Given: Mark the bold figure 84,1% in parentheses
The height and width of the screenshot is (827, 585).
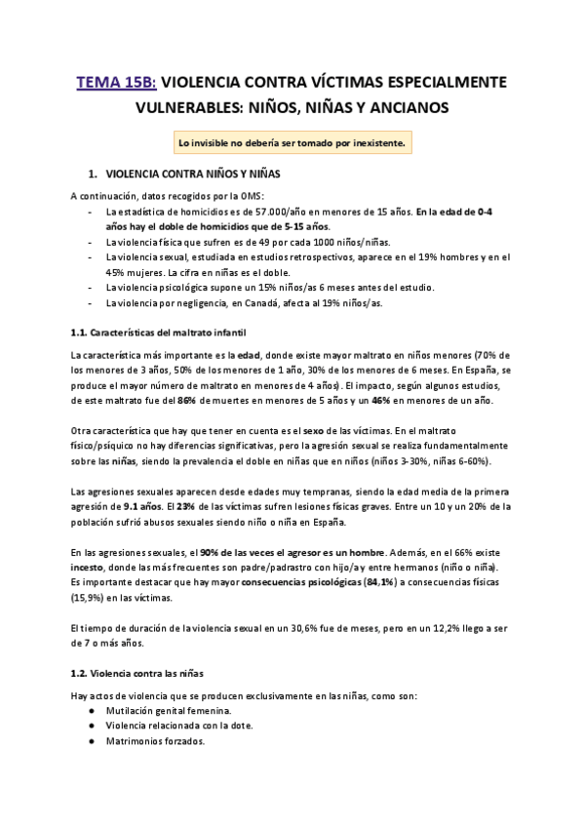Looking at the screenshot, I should click(x=380, y=582).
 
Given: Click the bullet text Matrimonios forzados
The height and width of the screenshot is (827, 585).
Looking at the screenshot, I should click(x=155, y=741).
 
